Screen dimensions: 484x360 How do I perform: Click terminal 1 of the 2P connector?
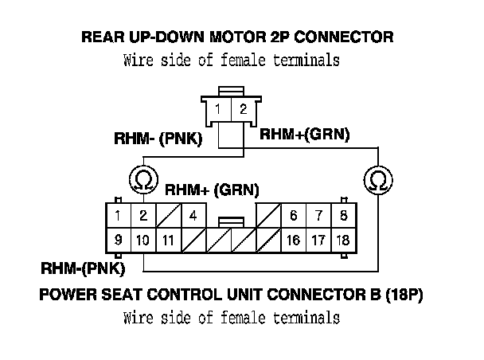pos(219,108)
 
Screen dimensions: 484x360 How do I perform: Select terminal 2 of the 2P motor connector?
pos(244,108)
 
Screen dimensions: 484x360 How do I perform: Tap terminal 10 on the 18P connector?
pos(143,241)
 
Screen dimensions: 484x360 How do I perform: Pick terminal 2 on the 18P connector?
pos(143,216)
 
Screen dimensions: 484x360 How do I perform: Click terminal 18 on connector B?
pos(344,241)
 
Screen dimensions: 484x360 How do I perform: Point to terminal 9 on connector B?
pos(119,241)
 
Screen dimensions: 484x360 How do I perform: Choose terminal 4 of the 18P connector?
pos(193,216)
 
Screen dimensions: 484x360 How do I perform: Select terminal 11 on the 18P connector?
pos(169,241)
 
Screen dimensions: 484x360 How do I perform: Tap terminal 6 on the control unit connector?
pos(294,216)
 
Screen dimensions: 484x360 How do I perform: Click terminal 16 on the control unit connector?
pos(294,241)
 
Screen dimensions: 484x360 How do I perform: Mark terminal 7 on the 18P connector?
pos(318,216)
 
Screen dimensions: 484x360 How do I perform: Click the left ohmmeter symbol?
pos(144,180)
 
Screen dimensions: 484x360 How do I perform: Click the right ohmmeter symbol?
pos(378,180)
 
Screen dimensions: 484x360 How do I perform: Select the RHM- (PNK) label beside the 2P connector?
pos(158,139)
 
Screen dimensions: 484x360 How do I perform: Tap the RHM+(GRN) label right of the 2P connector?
pos(305,135)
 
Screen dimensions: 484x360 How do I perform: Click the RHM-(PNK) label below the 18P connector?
pos(83,268)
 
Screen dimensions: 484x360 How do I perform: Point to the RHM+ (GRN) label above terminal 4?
pos(212,190)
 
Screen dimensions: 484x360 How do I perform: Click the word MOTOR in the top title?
pos(238,37)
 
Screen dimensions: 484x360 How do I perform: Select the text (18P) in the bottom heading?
pos(404,295)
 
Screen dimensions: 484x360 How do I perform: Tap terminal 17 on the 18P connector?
pos(318,241)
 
